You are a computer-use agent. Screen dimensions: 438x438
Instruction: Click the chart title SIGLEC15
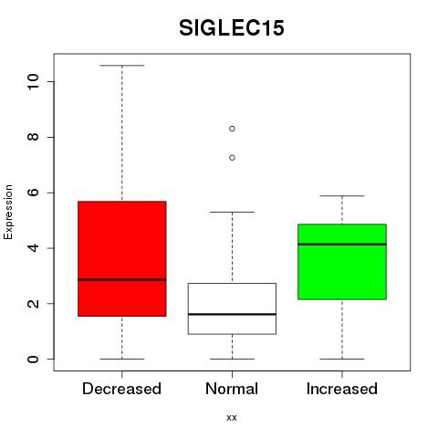point(232,28)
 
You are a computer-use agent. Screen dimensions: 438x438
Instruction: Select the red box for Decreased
point(122,258)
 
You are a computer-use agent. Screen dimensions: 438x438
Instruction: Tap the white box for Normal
point(232,308)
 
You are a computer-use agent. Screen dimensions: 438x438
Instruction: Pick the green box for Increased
point(342,262)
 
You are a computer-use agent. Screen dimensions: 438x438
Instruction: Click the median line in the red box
point(122,279)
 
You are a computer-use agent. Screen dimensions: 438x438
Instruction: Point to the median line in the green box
point(342,245)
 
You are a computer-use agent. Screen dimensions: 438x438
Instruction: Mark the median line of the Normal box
point(232,314)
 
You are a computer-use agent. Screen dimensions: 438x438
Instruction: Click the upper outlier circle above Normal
point(232,129)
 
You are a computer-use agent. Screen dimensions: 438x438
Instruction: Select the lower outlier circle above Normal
point(232,158)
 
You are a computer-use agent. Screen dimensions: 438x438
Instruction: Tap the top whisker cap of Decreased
point(122,66)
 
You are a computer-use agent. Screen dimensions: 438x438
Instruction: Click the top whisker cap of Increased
point(342,196)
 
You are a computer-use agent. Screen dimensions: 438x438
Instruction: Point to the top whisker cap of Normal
point(232,212)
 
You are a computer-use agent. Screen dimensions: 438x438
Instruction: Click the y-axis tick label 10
point(33,81)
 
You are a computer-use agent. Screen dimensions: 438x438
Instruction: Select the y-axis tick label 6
point(33,193)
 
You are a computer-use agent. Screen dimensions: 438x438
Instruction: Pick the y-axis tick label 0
point(33,359)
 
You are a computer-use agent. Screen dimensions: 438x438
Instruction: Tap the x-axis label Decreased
point(121,389)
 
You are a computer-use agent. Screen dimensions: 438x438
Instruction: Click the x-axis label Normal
point(232,389)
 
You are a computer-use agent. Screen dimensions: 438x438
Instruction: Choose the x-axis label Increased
point(342,389)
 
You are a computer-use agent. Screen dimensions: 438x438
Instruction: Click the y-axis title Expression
point(8,212)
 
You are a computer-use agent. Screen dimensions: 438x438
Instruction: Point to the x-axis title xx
point(232,418)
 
